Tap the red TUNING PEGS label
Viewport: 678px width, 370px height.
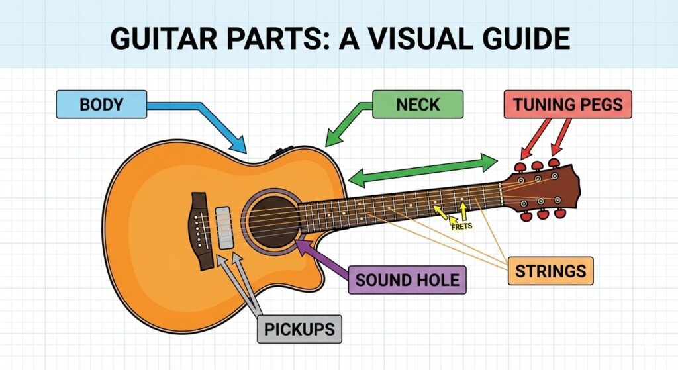click(567, 105)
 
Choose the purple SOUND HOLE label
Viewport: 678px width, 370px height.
click(407, 279)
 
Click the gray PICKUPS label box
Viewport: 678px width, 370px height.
click(299, 328)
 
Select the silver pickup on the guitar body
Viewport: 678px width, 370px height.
click(226, 228)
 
